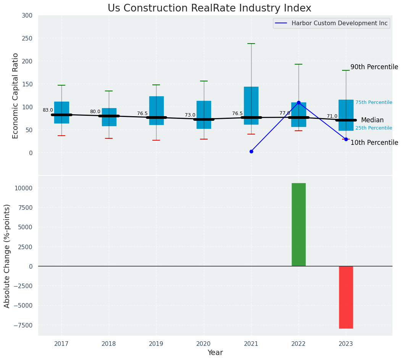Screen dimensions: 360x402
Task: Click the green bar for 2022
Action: [x=299, y=225]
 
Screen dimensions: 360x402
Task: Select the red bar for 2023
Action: [x=346, y=297]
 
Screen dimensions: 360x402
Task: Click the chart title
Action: [x=209, y=8]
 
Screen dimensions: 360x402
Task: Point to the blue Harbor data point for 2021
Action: [x=251, y=152]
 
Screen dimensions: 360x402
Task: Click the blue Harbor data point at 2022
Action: [x=299, y=103]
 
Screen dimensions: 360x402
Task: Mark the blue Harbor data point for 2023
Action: [x=346, y=139]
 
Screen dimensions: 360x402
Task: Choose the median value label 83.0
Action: [x=48, y=110]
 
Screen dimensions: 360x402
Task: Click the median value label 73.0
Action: [x=190, y=115]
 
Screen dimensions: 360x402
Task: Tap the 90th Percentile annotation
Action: [x=374, y=67]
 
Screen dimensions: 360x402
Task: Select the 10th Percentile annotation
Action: [x=374, y=143]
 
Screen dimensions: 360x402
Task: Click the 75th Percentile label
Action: [x=374, y=102]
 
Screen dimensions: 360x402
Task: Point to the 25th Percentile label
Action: [x=374, y=128]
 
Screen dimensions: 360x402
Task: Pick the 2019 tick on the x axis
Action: [x=156, y=344]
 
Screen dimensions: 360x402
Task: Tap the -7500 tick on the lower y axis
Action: [x=23, y=325]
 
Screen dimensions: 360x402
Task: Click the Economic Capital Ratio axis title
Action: [x=15, y=96]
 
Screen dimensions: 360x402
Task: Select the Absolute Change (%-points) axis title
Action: [x=7, y=256]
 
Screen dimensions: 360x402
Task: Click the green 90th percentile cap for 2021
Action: [x=251, y=44]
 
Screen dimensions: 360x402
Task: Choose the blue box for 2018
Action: [x=109, y=117]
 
